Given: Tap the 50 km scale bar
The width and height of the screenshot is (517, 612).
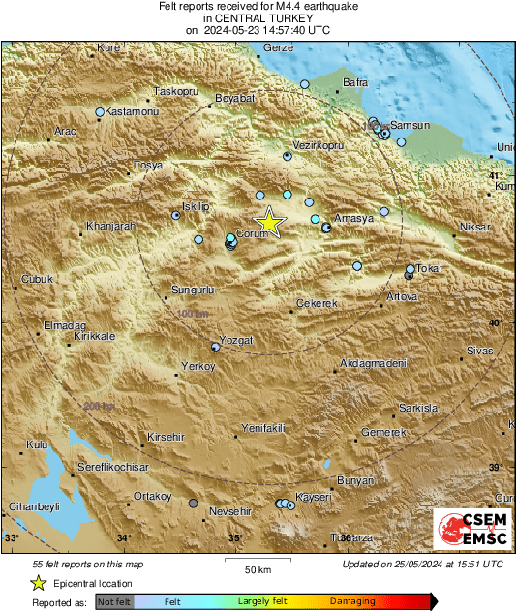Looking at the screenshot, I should click(x=257, y=562).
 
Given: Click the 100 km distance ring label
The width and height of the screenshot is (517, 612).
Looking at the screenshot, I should click(x=193, y=315).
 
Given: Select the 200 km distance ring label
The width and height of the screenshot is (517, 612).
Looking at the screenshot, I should click(x=97, y=406).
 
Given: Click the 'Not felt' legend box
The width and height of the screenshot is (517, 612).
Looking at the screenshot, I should click(x=115, y=602).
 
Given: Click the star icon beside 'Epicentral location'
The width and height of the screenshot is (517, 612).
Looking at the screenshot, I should click(x=38, y=583).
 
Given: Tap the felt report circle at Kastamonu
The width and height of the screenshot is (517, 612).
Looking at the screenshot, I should click(x=100, y=112).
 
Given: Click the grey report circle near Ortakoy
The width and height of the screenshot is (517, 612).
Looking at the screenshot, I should click(x=194, y=504).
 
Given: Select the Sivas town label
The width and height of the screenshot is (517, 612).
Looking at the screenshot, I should click(x=480, y=349).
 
